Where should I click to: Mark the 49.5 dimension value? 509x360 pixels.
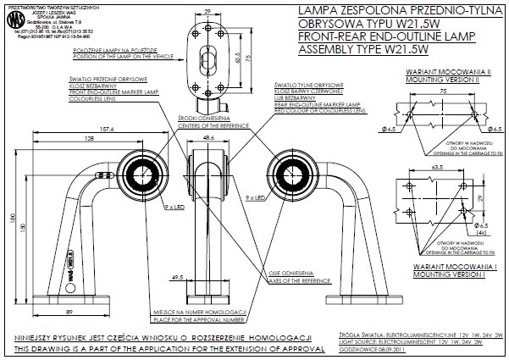point(177,277)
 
